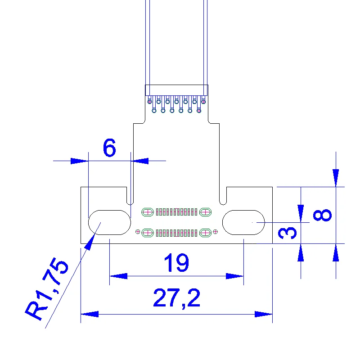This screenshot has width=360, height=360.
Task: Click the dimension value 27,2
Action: pyautogui.click(x=176, y=298)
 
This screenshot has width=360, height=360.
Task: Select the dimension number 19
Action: pyautogui.click(x=176, y=263)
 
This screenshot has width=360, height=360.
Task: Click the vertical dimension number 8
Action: pyautogui.click(x=322, y=215)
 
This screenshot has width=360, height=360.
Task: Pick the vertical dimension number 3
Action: pyautogui.click(x=288, y=233)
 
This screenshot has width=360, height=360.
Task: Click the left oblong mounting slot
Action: pyautogui.click(x=110, y=222)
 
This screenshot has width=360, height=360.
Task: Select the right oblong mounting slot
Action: pyautogui.click(x=243, y=222)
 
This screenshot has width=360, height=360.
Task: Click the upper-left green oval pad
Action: pyautogui.click(x=147, y=211)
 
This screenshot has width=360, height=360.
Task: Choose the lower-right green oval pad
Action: pyautogui.click(x=206, y=232)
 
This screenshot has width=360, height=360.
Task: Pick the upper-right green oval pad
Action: pyautogui.click(x=206, y=211)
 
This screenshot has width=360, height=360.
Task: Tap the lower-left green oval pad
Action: pyautogui.click(x=147, y=232)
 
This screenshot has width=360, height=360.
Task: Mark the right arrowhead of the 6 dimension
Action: pyautogui.click(x=139, y=160)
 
